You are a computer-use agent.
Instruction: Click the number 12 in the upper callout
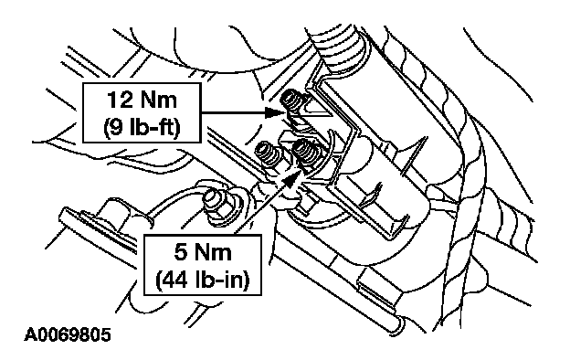tap(119, 100)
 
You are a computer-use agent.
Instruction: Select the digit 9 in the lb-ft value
tap(116, 127)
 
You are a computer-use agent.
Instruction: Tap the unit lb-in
tap(219, 280)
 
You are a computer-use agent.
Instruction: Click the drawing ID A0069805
tap(68, 334)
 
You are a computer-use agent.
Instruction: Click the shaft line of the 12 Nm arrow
tap(233, 112)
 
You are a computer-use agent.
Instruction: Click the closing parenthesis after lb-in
tap(247, 280)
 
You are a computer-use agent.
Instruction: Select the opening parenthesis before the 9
tap(107, 127)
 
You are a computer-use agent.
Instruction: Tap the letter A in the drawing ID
tap(30, 334)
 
